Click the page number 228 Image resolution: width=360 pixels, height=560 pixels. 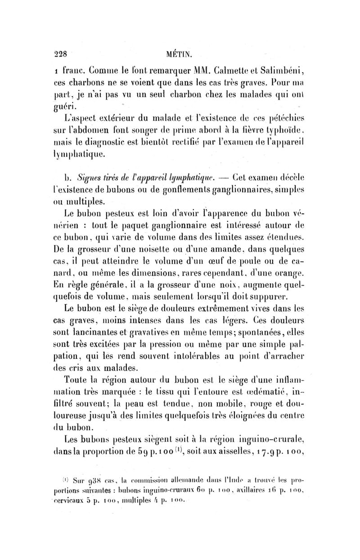click(x=59, y=53)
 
